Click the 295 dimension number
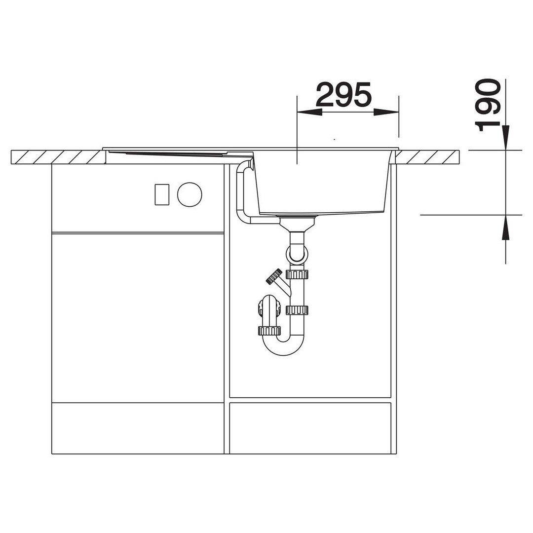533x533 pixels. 343,94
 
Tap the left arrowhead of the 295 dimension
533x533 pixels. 309,112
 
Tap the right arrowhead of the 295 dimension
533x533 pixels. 386,112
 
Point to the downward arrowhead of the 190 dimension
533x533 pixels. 506,138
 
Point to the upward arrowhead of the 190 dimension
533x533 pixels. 506,228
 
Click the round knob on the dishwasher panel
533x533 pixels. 190,194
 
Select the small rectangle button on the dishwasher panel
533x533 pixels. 162,194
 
